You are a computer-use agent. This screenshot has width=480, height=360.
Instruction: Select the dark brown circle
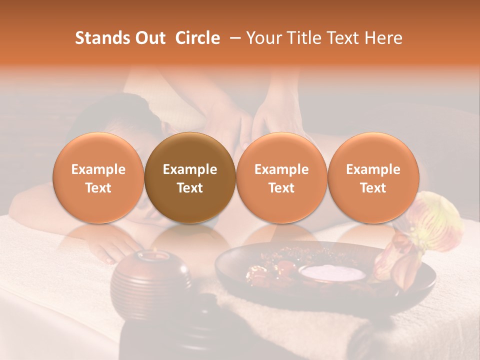tap(190, 177)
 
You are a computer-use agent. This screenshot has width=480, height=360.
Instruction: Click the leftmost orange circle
tap(98, 177)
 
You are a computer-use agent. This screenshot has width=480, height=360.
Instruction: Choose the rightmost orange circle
tap(373, 177)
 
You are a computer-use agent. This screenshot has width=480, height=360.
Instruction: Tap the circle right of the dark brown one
tap(281, 177)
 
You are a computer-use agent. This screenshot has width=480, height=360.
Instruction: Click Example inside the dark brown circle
tap(190, 169)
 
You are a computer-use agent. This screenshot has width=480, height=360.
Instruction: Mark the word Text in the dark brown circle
tap(190, 188)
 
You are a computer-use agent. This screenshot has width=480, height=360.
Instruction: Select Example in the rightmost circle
tap(373, 169)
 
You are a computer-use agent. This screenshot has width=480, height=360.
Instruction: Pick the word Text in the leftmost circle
tap(98, 188)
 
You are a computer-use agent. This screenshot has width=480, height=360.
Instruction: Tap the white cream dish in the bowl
tap(332, 273)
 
